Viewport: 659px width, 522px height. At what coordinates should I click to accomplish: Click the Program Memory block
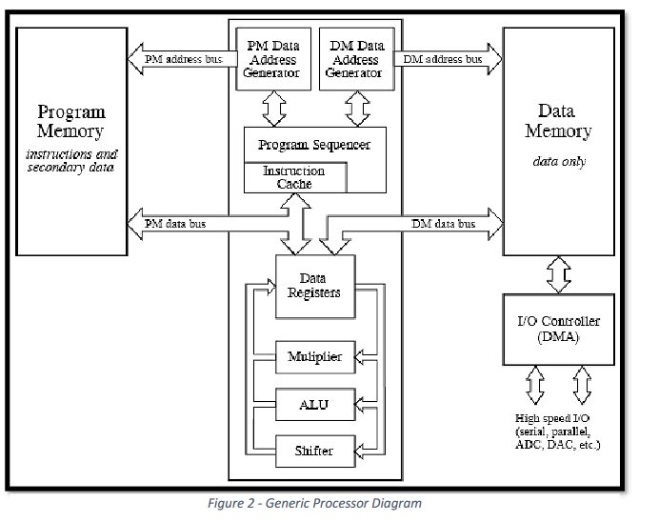click(x=70, y=141)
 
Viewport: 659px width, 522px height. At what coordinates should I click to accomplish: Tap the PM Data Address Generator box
click(x=274, y=59)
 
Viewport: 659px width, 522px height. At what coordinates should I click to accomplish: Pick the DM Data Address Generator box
click(x=356, y=59)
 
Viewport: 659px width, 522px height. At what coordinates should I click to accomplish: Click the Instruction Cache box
click(x=294, y=177)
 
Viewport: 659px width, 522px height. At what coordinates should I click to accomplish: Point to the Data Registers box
click(x=314, y=285)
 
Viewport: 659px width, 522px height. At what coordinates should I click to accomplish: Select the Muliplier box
click(x=314, y=357)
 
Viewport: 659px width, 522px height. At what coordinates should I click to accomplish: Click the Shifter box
click(x=314, y=449)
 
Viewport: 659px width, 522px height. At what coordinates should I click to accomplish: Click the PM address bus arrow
click(x=181, y=59)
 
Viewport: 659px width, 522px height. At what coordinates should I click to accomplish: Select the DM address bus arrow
click(x=448, y=59)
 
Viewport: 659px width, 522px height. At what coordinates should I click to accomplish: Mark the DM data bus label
click(x=443, y=224)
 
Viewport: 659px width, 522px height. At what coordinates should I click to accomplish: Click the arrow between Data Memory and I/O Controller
click(x=557, y=275)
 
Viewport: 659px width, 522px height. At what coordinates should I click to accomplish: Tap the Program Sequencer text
click(x=314, y=145)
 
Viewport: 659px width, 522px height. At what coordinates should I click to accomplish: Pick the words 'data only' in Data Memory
click(x=558, y=161)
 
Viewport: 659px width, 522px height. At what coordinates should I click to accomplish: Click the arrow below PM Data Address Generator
click(x=274, y=109)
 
